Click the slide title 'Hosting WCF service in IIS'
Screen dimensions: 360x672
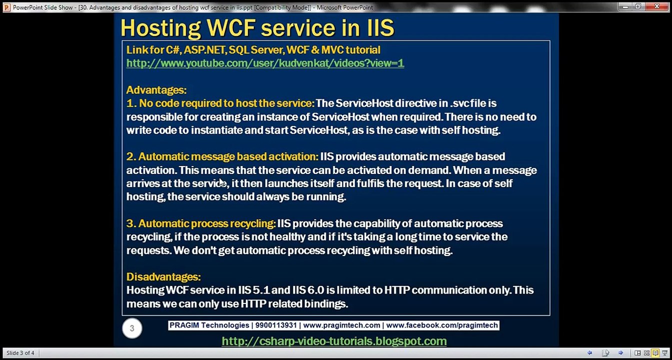tap(257, 28)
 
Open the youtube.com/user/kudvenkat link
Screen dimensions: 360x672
tap(265, 63)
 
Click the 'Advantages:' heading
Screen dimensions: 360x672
tap(156, 90)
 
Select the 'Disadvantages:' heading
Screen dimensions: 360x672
tap(163, 276)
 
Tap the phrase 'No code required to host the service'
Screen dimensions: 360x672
tap(226, 103)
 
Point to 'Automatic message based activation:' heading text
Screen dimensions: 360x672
tap(228, 156)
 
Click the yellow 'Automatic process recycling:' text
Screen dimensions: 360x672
tap(207, 223)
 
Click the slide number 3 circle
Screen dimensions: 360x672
tap(132, 328)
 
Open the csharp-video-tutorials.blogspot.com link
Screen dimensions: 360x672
tap(334, 341)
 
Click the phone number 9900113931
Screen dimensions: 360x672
tap(276, 325)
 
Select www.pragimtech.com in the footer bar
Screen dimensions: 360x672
tap(342, 325)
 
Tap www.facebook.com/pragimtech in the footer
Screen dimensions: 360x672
tap(442, 325)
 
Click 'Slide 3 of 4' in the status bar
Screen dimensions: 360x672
tap(20, 353)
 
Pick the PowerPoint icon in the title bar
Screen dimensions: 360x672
tap(6, 7)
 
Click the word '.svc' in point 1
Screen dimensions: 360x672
tap(459, 103)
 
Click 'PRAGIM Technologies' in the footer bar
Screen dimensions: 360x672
tap(209, 325)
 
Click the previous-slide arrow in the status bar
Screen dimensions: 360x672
tap(590, 353)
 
